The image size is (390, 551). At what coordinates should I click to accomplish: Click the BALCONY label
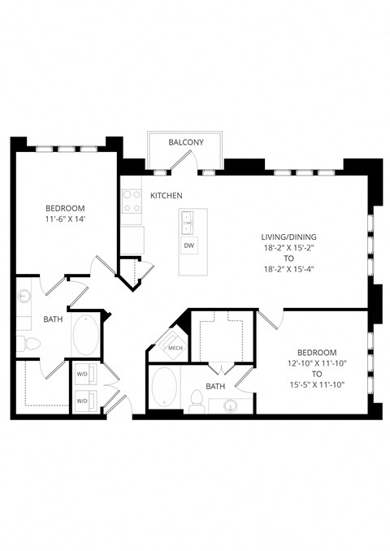point(185,142)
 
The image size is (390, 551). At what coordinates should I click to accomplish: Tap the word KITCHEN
point(166,196)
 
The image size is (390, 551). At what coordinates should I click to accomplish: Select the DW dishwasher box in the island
point(188,245)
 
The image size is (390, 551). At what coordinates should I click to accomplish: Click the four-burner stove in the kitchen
point(132,201)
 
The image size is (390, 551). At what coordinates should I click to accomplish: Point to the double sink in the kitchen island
point(188,221)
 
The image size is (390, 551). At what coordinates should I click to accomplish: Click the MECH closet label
point(175,349)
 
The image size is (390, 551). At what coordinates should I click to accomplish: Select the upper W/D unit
point(82,375)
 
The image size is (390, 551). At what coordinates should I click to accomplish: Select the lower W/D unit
point(82,401)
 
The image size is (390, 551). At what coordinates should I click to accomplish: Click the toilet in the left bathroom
point(28,343)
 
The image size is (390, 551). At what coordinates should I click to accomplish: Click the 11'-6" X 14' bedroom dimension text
point(65,219)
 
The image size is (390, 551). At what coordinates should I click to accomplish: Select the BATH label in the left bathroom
point(53,320)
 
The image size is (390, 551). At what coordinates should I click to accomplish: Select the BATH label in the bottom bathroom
point(215,386)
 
